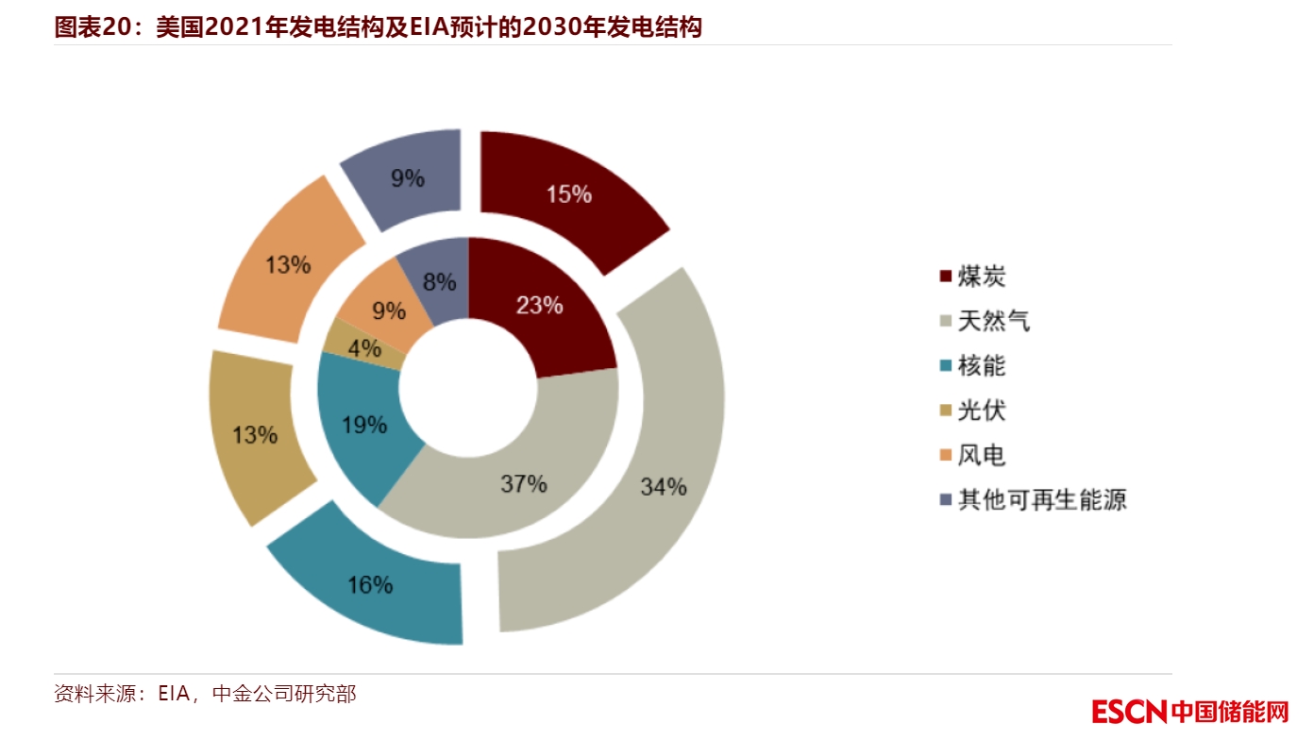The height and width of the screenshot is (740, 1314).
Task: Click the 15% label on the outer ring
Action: point(569,194)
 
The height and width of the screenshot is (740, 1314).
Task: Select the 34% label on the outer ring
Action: point(664,487)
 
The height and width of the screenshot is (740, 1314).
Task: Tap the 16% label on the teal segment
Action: point(370,585)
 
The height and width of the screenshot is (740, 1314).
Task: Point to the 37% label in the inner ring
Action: point(524,484)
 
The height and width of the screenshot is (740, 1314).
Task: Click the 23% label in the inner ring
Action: point(540,305)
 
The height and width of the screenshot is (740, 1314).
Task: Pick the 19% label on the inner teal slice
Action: point(364,426)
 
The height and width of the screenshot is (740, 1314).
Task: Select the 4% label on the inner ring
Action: point(364,348)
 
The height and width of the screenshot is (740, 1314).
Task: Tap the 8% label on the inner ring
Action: point(440,281)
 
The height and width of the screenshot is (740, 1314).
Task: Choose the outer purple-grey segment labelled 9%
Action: point(408,177)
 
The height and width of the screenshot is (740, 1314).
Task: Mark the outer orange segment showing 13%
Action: point(288,265)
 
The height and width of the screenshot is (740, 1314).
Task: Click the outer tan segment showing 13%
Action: point(255,435)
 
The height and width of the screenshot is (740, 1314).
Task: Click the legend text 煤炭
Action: point(982,277)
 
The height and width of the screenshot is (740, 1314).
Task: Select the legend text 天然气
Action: point(994,321)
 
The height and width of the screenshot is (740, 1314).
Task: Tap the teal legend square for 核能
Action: point(945,366)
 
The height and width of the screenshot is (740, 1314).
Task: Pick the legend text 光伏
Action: point(982,411)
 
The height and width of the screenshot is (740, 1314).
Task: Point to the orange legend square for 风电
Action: point(945,456)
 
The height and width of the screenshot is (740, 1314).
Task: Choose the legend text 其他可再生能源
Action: point(1042,500)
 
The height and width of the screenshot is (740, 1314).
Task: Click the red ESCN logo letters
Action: point(1129,711)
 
